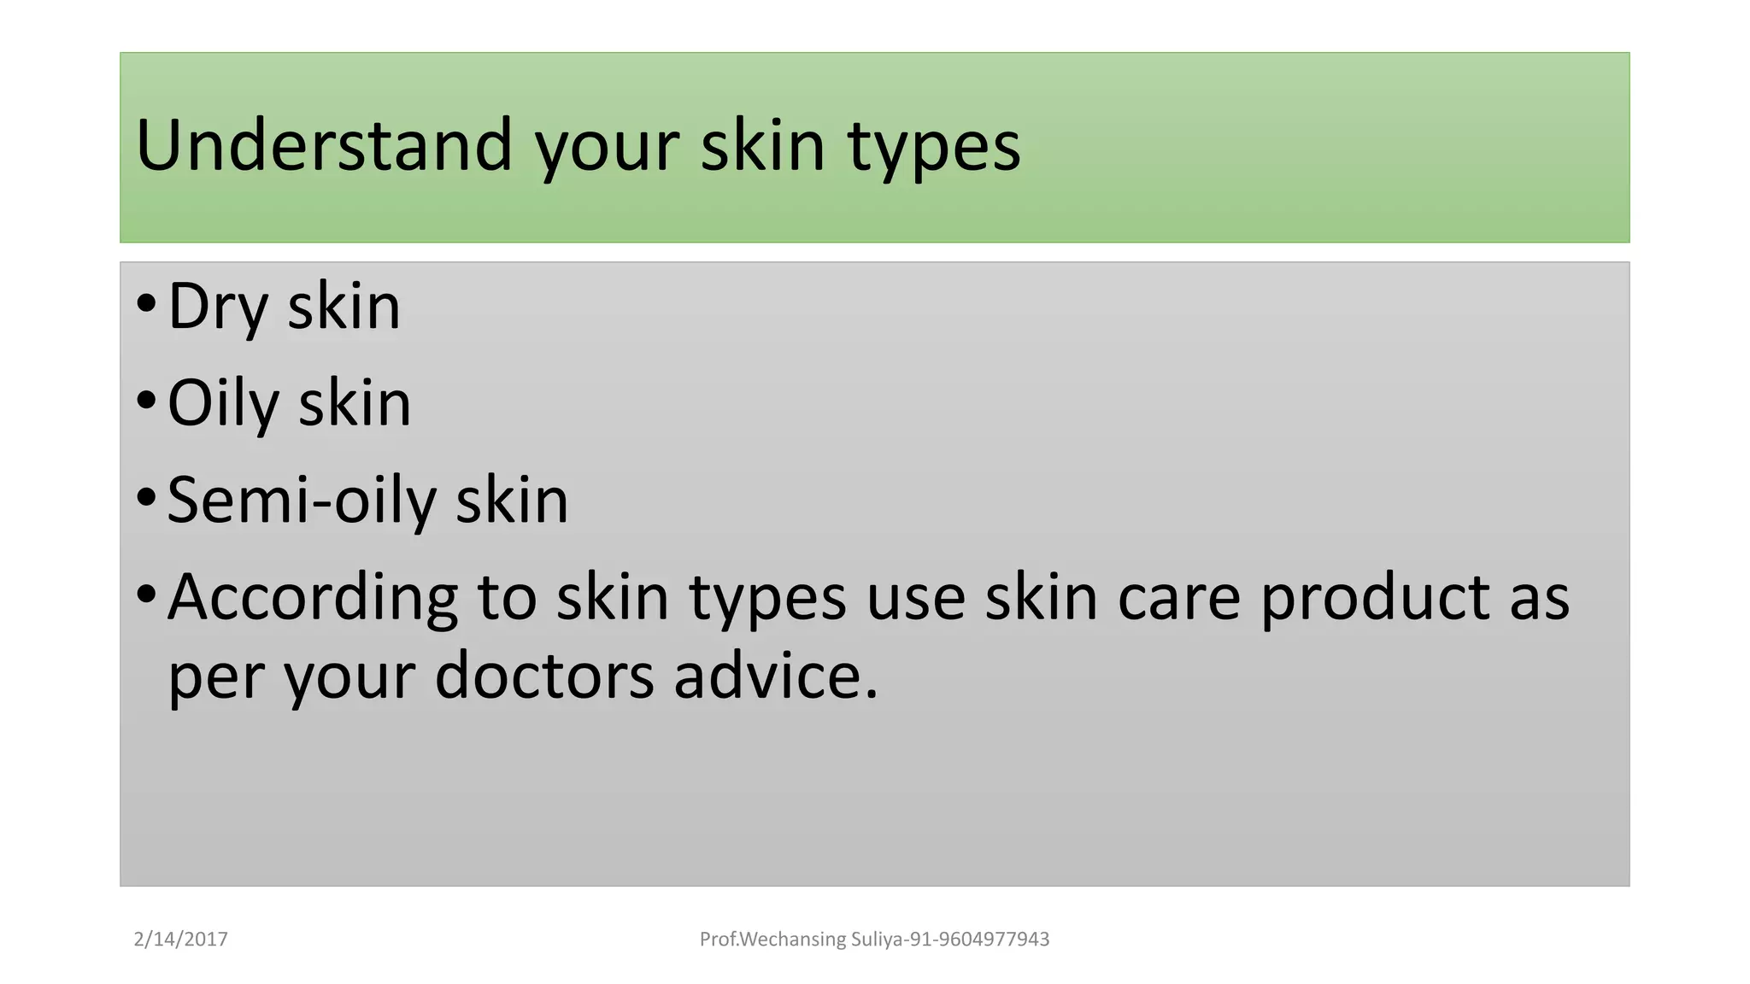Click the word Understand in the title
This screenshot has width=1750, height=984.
click(324, 145)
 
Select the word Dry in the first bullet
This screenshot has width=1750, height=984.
click(218, 307)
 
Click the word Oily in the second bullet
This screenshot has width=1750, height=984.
click(223, 404)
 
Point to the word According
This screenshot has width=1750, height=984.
click(313, 598)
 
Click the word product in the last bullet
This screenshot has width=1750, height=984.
click(1375, 598)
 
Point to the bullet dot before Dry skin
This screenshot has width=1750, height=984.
click(146, 302)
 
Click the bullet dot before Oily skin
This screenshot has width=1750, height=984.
click(146, 399)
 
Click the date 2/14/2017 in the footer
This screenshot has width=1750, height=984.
click(181, 940)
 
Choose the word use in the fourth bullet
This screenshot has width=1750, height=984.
click(915, 598)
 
